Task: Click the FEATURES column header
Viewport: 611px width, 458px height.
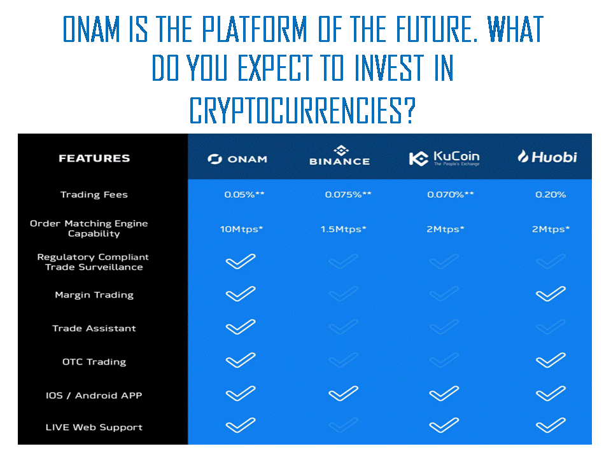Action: tap(94, 158)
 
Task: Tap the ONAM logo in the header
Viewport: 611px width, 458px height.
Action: tap(237, 159)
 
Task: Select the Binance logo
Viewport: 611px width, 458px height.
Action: tap(340, 156)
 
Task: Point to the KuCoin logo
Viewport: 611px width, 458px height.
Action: tap(444, 158)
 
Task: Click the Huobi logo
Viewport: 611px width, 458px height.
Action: tap(547, 156)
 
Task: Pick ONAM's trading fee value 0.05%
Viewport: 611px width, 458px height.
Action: tap(244, 195)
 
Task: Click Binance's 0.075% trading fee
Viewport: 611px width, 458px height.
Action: tap(348, 195)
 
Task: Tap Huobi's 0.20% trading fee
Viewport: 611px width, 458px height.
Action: tap(551, 195)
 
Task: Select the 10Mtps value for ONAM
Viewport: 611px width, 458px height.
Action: tap(242, 229)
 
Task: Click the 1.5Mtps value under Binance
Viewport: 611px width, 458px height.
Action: tap(343, 229)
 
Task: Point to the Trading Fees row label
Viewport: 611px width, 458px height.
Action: tap(94, 195)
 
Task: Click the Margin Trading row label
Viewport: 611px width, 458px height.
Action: tap(94, 295)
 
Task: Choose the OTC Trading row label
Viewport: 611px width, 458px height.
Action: tap(94, 362)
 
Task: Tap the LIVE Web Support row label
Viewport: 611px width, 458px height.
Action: tap(94, 427)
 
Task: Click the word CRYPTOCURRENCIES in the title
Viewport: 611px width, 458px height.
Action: tap(303, 110)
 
